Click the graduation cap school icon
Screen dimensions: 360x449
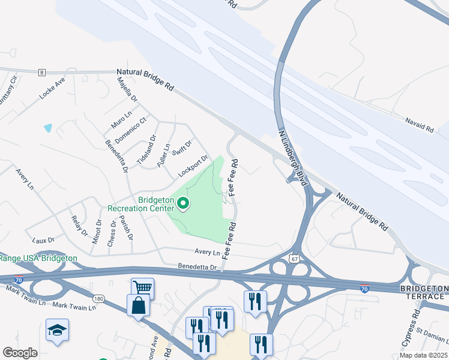click(x=57, y=329)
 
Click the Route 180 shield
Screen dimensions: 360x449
click(x=98, y=298)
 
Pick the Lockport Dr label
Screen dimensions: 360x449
click(x=193, y=167)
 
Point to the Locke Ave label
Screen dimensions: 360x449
click(x=52, y=88)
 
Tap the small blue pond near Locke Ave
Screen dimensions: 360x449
click(x=47, y=128)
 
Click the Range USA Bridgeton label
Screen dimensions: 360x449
click(x=38, y=258)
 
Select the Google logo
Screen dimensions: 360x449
click(x=20, y=353)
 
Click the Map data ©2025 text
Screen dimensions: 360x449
click(x=424, y=355)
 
